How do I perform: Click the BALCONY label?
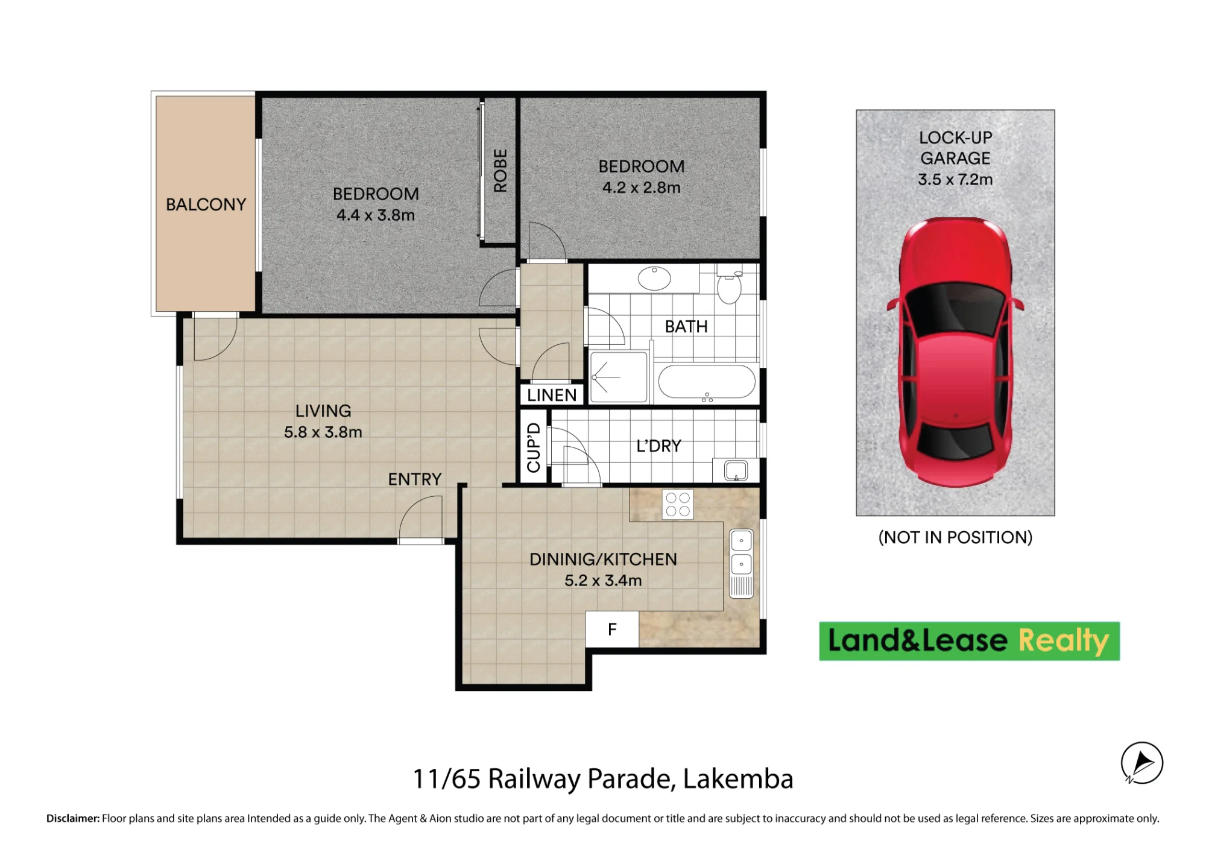tap(206, 204)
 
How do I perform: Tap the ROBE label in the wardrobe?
tap(500, 171)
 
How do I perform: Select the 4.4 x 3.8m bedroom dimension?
tap(376, 215)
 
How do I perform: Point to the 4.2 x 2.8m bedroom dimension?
tap(641, 188)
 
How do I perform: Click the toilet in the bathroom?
tap(729, 286)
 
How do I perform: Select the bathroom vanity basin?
tap(654, 279)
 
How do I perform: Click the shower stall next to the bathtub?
tap(619, 377)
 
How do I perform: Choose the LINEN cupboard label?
tap(552, 395)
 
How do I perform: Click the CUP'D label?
tap(534, 447)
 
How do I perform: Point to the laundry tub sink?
tap(736, 470)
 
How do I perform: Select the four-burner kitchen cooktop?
tap(678, 505)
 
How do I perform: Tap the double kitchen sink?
tap(741, 563)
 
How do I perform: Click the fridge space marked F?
tap(612, 630)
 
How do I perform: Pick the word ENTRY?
tap(415, 479)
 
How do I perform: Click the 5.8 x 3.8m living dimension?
tap(323, 432)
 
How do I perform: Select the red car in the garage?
tap(955, 352)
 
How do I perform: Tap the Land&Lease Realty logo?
tap(969, 641)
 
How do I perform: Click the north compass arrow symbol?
tap(1142, 763)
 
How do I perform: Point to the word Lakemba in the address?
tap(738, 778)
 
